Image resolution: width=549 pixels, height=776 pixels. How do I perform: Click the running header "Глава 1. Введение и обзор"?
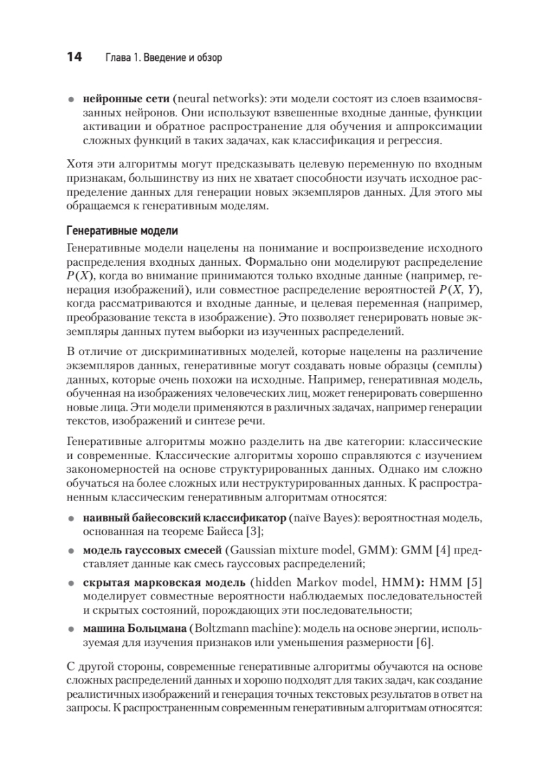[163, 58]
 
